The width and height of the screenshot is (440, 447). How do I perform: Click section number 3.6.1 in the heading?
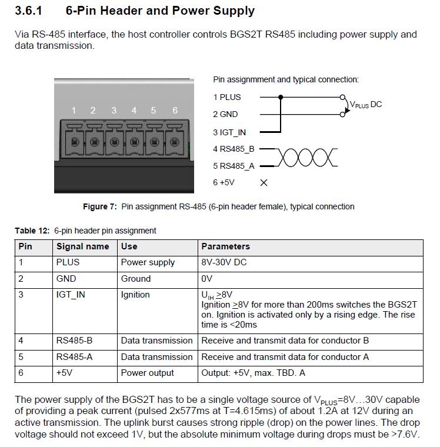(28, 11)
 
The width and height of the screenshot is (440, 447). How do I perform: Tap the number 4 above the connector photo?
(134, 111)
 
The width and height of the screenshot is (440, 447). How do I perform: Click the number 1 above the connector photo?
(74, 111)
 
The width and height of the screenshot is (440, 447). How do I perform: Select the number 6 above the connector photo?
(175, 111)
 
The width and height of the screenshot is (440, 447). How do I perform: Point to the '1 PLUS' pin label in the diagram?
(227, 97)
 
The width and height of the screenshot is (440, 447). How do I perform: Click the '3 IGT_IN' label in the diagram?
(229, 132)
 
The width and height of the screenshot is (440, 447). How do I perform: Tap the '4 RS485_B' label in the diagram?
(234, 149)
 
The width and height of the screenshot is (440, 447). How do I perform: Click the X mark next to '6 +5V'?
(264, 183)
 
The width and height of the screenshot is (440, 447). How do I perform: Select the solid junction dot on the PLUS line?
(281, 97)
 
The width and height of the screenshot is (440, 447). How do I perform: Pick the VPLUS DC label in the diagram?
(365, 105)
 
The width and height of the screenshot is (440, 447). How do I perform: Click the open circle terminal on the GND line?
(342, 115)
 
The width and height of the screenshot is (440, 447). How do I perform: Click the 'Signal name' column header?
(83, 246)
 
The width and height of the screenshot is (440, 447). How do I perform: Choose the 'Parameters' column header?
(225, 246)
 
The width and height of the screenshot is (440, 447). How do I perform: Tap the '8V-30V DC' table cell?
(224, 262)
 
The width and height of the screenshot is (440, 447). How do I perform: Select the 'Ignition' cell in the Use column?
(135, 295)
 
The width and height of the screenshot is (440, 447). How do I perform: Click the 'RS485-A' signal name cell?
(75, 357)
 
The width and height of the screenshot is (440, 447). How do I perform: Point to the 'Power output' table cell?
(148, 373)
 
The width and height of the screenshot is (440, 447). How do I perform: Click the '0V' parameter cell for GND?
(206, 279)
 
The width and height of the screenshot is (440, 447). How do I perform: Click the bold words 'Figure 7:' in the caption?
(100, 206)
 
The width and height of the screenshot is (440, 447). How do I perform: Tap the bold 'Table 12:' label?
(32, 231)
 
